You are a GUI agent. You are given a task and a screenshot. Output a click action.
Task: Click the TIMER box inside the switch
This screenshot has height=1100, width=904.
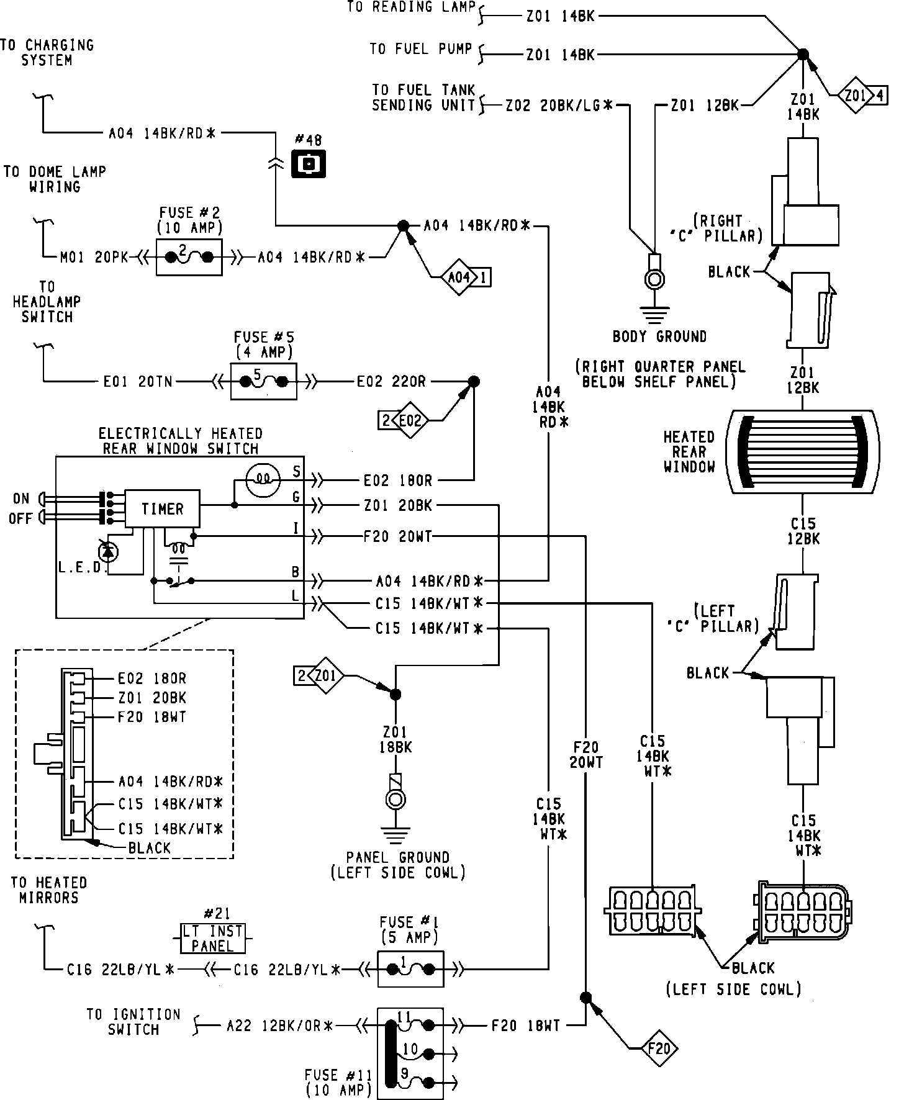(x=163, y=508)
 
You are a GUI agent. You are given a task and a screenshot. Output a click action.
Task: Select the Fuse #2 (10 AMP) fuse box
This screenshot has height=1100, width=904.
(x=189, y=256)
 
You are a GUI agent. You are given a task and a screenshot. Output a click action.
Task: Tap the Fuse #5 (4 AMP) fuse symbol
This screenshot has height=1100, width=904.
(x=264, y=381)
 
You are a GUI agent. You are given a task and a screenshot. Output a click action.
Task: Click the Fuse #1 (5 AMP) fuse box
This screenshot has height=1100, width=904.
(x=410, y=968)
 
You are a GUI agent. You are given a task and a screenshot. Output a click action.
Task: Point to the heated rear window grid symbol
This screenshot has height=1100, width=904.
(x=803, y=451)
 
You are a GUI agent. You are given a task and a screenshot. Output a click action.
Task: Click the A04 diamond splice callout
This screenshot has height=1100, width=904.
(x=465, y=277)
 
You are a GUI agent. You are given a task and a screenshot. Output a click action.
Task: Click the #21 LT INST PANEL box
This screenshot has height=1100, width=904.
(x=212, y=939)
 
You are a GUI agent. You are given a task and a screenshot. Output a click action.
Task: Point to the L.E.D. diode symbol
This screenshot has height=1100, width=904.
(x=109, y=550)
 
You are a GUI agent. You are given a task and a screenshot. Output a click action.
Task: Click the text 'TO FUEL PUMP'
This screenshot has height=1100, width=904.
(x=421, y=48)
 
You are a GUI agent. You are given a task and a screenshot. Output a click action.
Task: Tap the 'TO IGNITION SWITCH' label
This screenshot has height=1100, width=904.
(x=133, y=1022)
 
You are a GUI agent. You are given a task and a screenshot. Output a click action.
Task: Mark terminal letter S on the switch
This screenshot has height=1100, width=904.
(x=297, y=472)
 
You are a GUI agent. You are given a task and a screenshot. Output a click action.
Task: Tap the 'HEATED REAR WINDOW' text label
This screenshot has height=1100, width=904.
(x=689, y=451)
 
